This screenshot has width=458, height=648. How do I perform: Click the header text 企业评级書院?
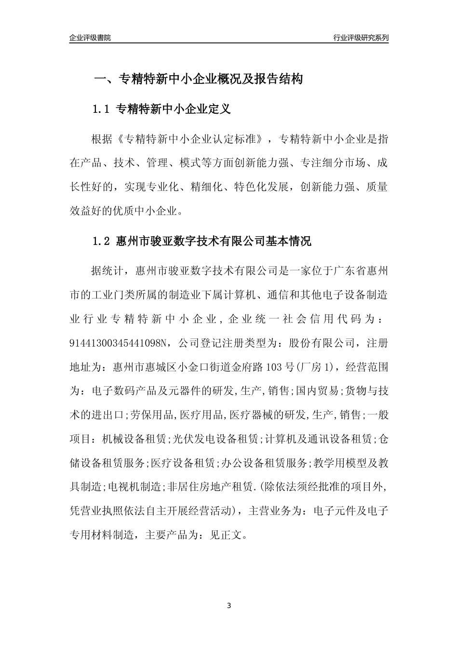pyautogui.click(x=90, y=38)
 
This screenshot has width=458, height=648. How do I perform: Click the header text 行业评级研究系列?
pyautogui.click(x=361, y=38)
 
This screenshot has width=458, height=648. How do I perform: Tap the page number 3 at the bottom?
pyautogui.click(x=229, y=606)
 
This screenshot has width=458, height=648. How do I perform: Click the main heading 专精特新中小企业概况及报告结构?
pyautogui.click(x=210, y=80)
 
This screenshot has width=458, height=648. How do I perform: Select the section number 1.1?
pyautogui.click(x=102, y=109)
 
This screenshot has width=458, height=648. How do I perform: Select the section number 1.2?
pyautogui.click(x=102, y=242)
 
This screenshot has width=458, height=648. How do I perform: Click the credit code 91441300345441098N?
pyautogui.click(x=118, y=343)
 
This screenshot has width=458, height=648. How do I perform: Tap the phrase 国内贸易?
pyautogui.click(x=317, y=391)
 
